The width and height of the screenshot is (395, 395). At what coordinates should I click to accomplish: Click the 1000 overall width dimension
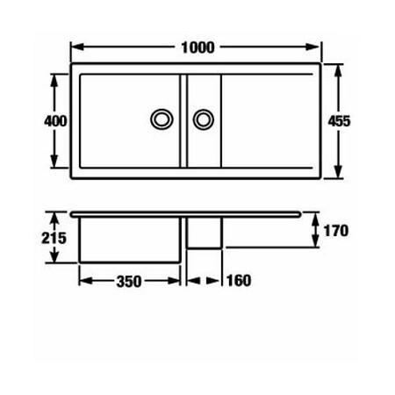coord(197,47)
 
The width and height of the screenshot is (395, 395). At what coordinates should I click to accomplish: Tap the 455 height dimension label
coord(339,121)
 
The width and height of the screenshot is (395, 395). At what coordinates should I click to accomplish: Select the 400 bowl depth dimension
coord(55,121)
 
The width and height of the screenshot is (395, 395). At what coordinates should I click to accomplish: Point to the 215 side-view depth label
coord(54,238)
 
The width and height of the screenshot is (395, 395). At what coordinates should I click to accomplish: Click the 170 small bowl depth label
coord(336,231)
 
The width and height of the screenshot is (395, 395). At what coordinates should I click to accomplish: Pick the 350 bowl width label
coord(129,282)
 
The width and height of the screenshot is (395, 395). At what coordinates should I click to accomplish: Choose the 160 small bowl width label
coord(239,281)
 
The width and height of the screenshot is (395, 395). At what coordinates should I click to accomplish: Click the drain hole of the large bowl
coord(162,119)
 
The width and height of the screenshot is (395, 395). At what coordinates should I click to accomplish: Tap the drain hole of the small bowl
coord(204,119)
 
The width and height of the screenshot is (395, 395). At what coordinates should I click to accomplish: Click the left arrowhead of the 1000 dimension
coord(77,47)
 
